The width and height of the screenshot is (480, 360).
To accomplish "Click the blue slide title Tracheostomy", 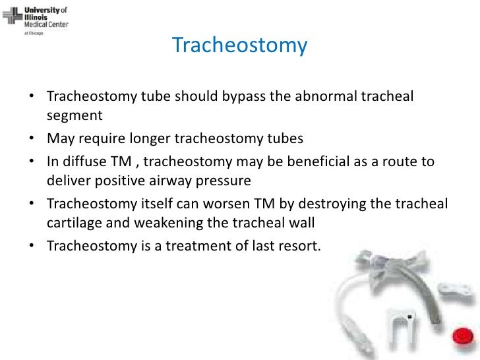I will tap(239, 45).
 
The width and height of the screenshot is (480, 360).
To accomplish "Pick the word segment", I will tap(75, 115).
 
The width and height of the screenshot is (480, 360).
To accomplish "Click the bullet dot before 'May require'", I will tap(32, 139).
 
